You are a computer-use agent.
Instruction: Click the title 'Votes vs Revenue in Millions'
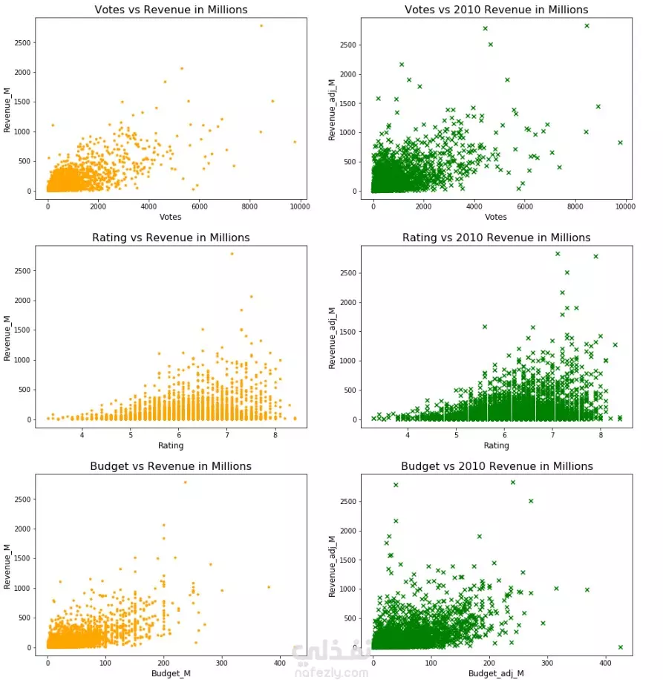coord(171,10)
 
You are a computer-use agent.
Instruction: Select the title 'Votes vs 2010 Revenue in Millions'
coord(496,10)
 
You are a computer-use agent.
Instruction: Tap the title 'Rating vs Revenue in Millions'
coord(171,238)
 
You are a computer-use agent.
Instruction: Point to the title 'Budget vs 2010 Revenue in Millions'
coord(497,466)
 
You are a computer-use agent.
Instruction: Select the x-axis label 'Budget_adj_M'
coord(496,673)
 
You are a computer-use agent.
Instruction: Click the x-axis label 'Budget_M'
coord(171,673)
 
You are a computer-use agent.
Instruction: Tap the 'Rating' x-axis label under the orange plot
coord(171,445)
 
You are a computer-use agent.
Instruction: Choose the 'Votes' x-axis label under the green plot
coord(496,217)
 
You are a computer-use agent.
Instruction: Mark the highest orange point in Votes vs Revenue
coord(261,25)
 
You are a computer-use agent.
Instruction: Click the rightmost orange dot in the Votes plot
coord(295,142)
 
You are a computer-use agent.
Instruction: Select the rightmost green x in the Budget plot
coord(620,647)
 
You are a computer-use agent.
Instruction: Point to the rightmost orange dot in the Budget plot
coord(269,587)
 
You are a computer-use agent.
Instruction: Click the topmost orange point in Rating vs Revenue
coord(232,254)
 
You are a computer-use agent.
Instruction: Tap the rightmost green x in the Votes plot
coord(620,143)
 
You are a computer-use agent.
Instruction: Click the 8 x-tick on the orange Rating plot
coord(275,434)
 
